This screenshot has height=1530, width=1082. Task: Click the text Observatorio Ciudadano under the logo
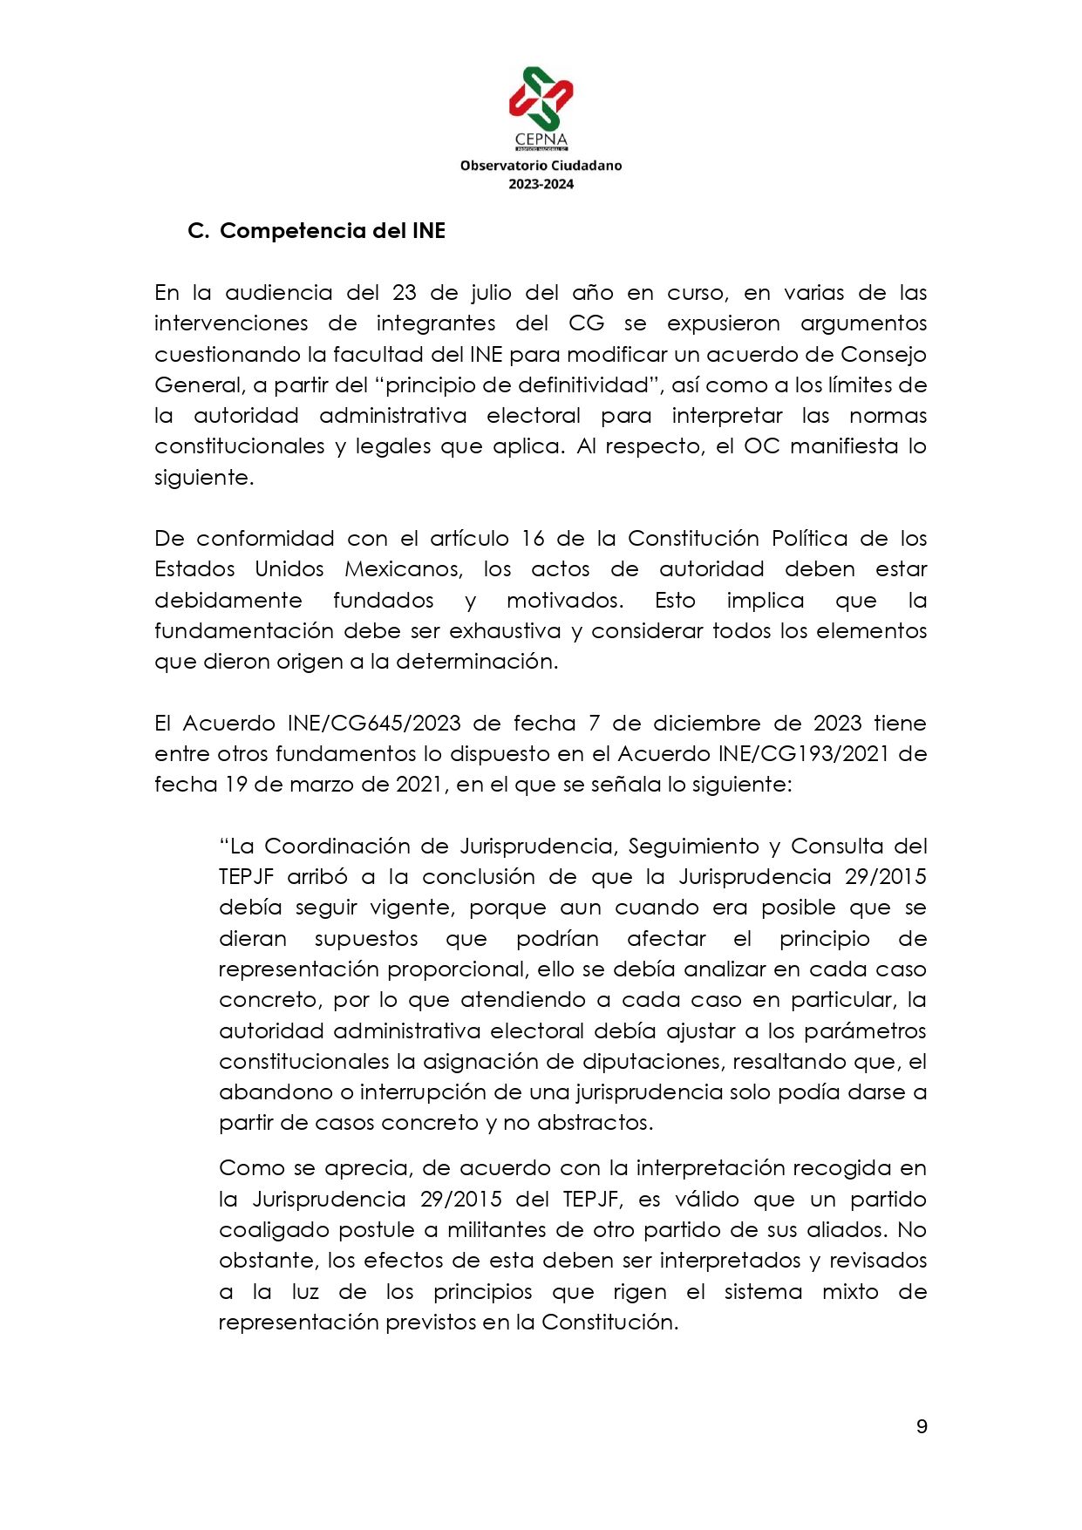541,166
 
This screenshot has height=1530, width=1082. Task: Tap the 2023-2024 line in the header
541,184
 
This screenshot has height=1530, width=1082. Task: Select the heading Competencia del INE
332,231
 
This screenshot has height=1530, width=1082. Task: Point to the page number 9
922,1427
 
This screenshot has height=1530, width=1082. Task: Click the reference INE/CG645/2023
374,724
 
